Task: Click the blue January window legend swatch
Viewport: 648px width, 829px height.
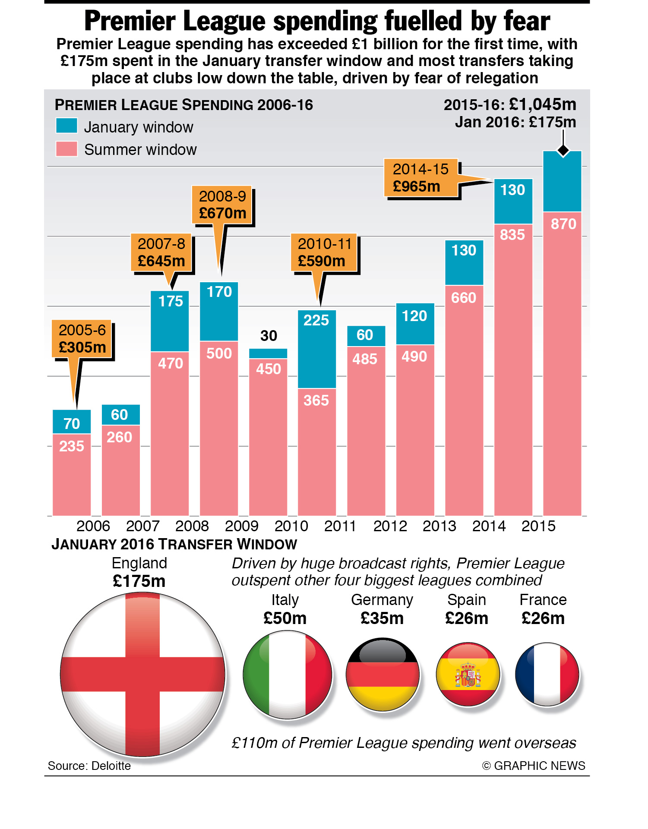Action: [66, 126]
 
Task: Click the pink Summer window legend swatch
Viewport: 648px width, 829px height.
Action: [66, 149]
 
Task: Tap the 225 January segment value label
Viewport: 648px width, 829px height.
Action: [316, 320]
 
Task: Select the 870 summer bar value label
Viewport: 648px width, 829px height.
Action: [563, 224]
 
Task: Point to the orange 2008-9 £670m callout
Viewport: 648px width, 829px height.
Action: [222, 205]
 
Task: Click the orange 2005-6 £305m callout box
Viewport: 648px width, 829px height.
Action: [82, 339]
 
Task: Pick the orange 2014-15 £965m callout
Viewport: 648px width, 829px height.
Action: [421, 178]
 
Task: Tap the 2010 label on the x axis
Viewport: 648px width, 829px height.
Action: [291, 526]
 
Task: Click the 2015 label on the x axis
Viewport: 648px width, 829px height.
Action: [538, 526]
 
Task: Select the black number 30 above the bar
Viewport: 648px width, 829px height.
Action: [269, 336]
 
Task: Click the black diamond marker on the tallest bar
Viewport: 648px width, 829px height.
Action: [563, 151]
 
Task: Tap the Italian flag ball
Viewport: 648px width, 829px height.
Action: [288, 675]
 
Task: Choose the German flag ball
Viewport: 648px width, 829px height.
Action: [382, 675]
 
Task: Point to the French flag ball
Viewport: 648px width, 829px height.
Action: [547, 675]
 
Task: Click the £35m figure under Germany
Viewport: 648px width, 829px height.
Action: [382, 618]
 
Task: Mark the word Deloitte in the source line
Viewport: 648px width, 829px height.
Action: [111, 766]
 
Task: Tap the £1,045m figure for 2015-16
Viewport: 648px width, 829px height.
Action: [543, 104]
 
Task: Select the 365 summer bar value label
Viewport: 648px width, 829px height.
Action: [316, 400]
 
